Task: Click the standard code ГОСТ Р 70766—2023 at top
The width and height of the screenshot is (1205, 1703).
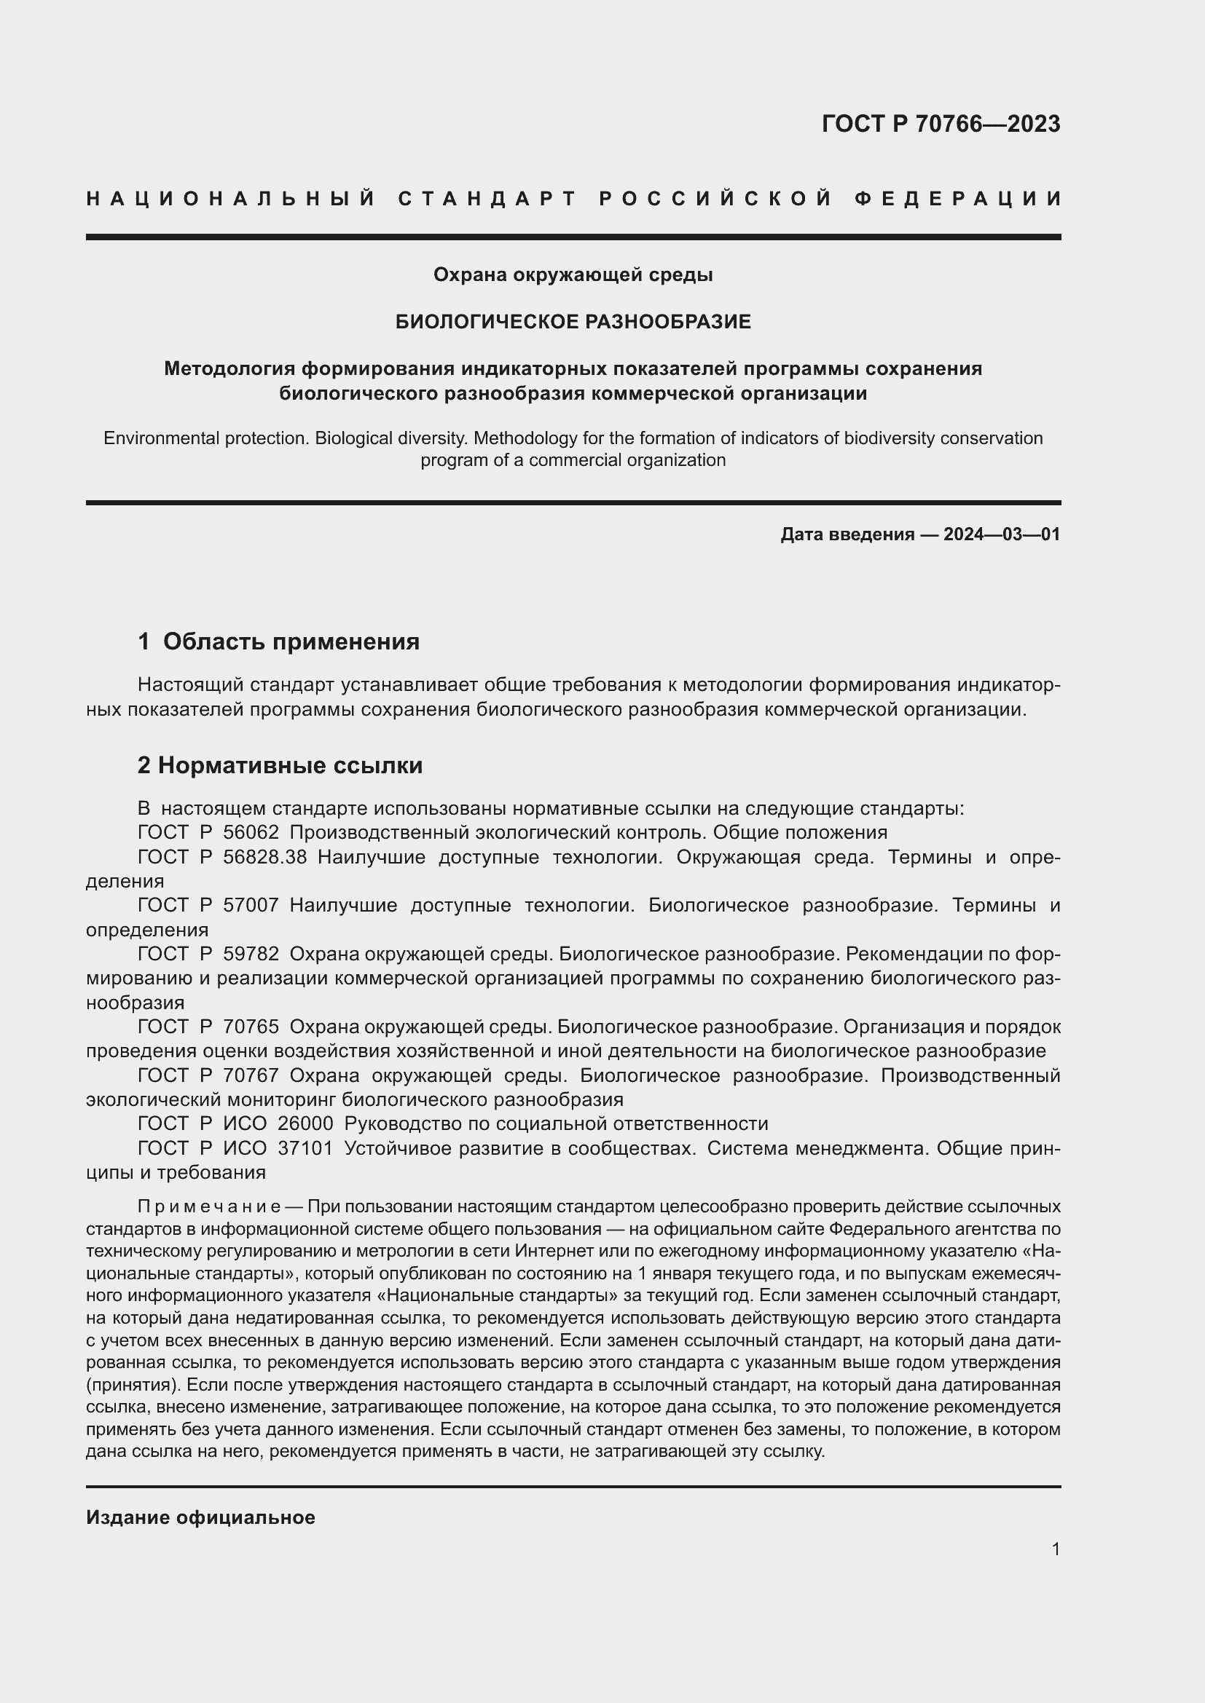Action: click(x=940, y=124)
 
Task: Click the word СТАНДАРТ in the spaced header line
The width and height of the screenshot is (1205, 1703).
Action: click(x=487, y=199)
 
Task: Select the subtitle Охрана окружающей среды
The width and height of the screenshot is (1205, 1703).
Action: click(x=573, y=275)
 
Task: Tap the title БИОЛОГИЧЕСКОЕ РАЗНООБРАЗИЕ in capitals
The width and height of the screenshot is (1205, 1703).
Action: click(x=573, y=322)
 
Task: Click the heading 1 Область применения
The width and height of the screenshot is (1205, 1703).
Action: click(x=278, y=641)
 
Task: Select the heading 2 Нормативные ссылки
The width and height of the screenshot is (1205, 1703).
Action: click(x=280, y=765)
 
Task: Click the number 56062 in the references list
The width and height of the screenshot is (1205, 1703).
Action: click(x=251, y=832)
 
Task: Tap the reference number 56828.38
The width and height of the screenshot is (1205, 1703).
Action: click(x=265, y=857)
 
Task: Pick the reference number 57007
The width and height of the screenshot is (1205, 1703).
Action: click(x=251, y=905)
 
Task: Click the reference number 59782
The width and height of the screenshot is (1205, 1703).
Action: click(x=251, y=954)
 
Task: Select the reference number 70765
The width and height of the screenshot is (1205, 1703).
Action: click(x=251, y=1027)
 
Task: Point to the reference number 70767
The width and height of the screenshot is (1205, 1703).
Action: click(x=251, y=1075)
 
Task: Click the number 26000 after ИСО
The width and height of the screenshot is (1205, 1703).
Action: click(x=305, y=1123)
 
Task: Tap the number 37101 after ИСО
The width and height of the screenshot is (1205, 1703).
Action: click(x=305, y=1148)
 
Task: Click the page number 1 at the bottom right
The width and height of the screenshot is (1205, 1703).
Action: click(x=1055, y=1549)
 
